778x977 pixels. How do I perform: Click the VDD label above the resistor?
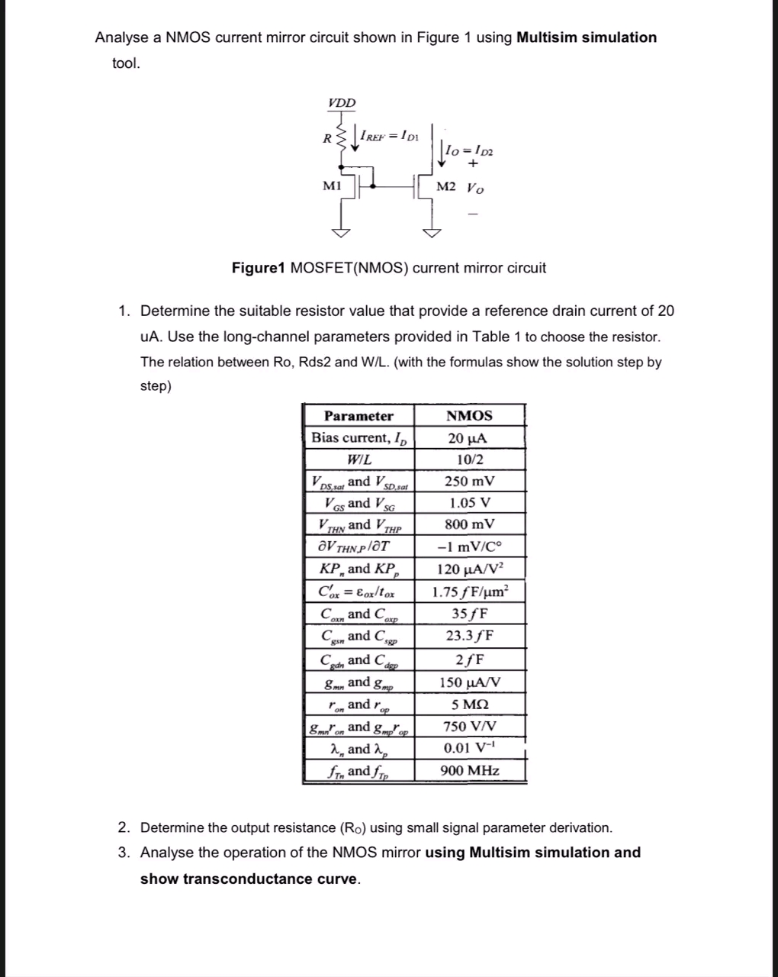tap(342, 103)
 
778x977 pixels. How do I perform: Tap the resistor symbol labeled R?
tap(342, 138)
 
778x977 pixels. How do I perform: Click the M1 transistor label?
tap(332, 185)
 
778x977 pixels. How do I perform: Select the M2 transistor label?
tap(446, 187)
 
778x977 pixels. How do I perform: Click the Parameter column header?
tap(358, 416)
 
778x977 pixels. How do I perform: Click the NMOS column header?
tap(469, 416)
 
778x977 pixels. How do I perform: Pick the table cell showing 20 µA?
tap(468, 438)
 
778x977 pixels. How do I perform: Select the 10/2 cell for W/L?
tap(469, 459)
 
